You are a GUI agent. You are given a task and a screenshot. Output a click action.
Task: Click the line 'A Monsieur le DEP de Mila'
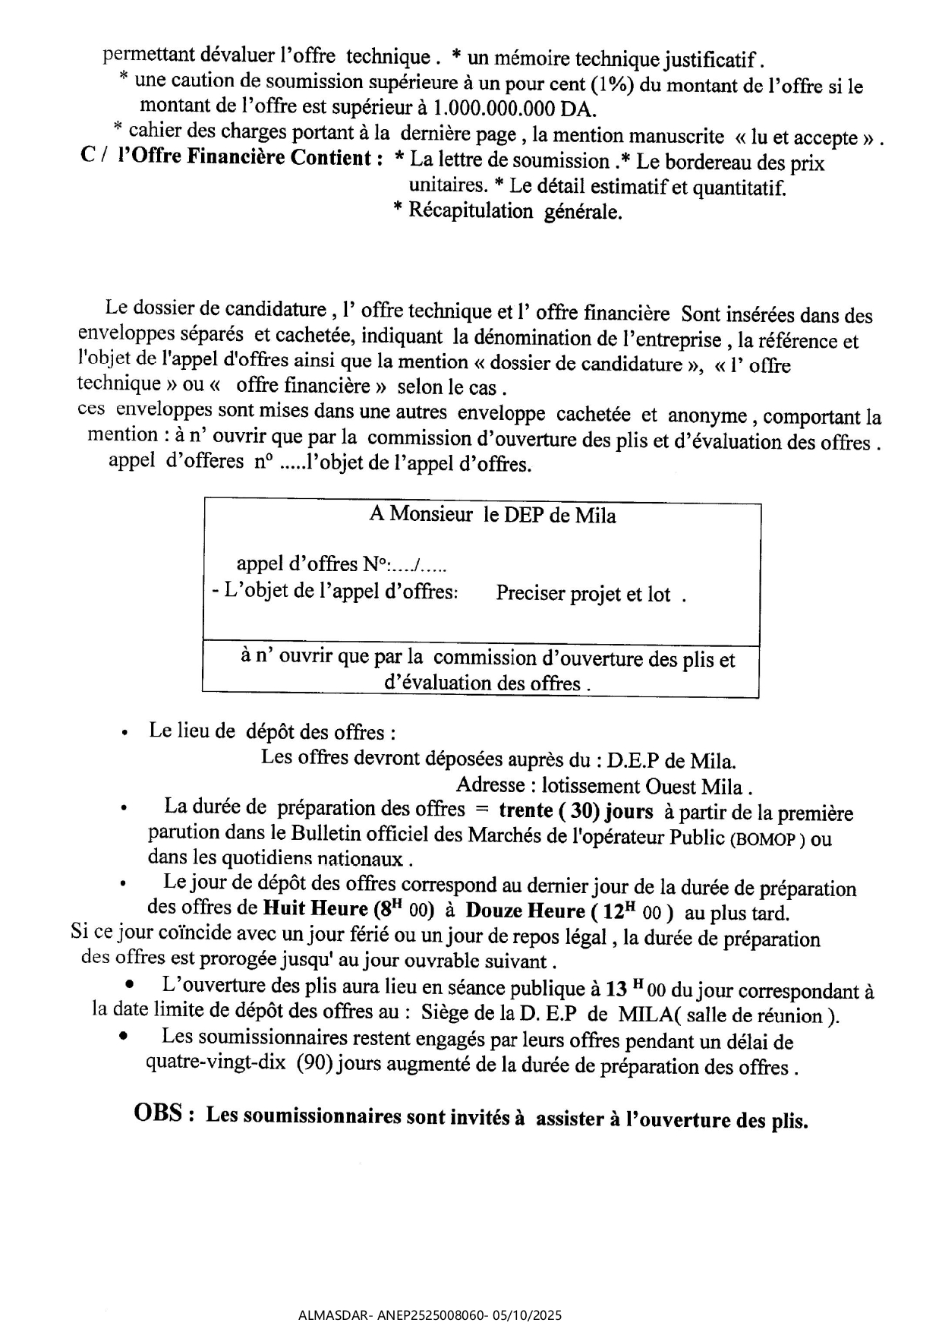click(492, 516)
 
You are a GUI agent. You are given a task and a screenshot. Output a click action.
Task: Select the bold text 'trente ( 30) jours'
click(575, 811)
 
